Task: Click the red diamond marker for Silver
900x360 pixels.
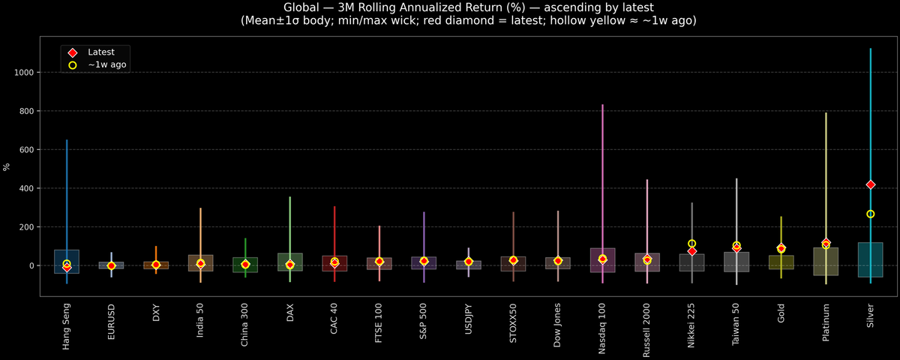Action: pos(871,184)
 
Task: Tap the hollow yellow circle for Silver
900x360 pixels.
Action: pos(871,214)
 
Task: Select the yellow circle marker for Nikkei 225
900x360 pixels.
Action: pos(691,244)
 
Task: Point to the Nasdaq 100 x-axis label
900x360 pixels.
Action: pos(602,328)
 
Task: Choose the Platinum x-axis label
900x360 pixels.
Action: pos(826,323)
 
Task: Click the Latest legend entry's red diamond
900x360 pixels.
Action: pos(73,52)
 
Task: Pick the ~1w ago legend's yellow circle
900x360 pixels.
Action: pos(73,65)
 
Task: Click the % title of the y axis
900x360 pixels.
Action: pos(7,166)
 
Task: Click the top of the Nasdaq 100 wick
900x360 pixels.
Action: pos(602,105)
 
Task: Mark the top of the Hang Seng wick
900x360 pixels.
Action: pos(67,140)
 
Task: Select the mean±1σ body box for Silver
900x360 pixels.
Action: pos(871,259)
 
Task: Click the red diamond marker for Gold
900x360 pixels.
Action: pos(781,248)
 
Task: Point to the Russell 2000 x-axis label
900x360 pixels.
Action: pos(647,330)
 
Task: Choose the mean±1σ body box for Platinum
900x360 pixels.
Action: pos(826,261)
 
